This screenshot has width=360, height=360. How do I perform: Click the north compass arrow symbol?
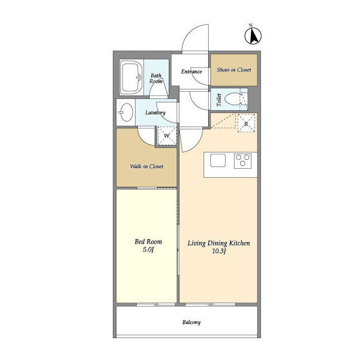point(253,36)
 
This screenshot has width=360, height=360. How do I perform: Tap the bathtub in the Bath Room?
point(131,78)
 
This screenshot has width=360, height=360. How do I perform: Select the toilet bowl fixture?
point(232,99)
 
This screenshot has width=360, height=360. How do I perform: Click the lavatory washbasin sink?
point(126,112)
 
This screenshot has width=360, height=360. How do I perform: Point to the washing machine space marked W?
point(167,136)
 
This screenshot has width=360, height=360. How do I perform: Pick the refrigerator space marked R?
point(246,123)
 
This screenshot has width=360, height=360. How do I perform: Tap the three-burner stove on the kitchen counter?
point(242,160)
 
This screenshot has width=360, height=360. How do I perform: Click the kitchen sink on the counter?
point(218,160)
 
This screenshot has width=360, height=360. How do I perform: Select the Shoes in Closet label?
point(234,70)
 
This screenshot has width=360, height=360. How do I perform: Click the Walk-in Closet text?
point(147,166)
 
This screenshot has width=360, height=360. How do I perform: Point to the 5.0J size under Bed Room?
point(148,250)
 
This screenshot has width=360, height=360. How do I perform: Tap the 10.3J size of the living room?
point(219,251)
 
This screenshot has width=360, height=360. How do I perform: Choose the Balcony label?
point(191,322)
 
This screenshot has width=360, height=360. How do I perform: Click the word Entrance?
point(191,71)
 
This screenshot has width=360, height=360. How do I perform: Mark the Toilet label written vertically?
point(219,100)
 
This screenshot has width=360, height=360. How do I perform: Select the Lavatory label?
point(155,112)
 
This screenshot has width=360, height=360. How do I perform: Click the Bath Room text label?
point(156,78)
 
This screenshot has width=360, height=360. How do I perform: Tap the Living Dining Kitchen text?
point(219,243)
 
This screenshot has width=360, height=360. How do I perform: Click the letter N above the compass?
point(251,25)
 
